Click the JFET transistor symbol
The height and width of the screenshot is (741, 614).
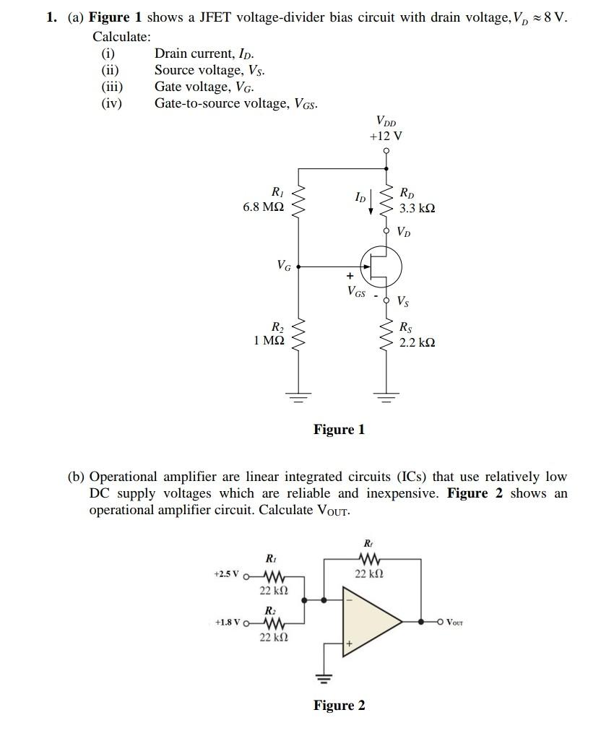[x=381, y=266]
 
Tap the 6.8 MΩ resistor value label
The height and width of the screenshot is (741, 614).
[x=263, y=207]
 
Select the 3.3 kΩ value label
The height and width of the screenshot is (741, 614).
[x=418, y=208]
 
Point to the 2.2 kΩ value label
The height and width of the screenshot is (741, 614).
[x=418, y=342]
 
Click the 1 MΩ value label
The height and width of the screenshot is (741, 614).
[x=269, y=340]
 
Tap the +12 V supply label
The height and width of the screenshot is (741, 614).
[x=386, y=136]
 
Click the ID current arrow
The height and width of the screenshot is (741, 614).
[x=371, y=203]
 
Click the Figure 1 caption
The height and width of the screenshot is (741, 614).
[x=339, y=430]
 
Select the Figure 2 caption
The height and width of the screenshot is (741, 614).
[x=339, y=706]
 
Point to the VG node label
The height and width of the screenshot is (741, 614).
[x=284, y=266]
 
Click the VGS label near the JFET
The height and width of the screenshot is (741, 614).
[x=355, y=292]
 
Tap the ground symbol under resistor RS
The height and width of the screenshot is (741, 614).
[x=386, y=395]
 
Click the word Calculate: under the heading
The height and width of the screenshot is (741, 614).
[x=121, y=36]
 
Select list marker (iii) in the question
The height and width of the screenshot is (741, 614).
[x=111, y=87]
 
